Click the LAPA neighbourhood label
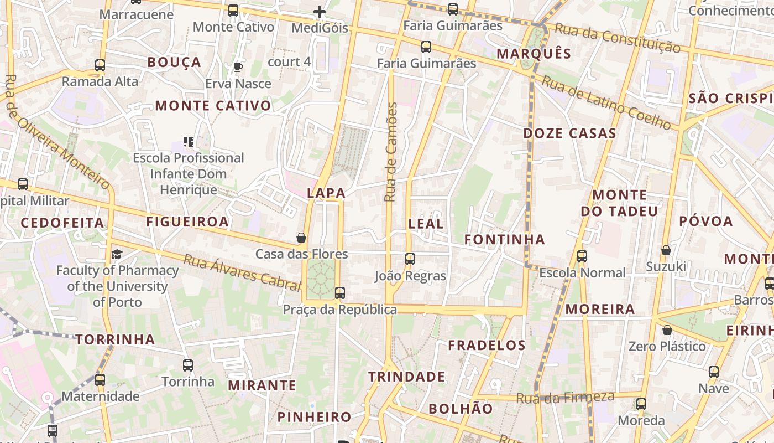click(x=326, y=193)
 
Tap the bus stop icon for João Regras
click(x=410, y=259)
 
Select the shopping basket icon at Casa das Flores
click(x=301, y=238)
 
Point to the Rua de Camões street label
click(x=391, y=152)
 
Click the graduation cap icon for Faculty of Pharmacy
click(x=117, y=254)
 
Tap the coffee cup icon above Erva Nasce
click(x=238, y=68)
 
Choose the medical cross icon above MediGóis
click(x=320, y=11)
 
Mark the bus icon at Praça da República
click(x=340, y=292)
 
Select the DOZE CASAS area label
click(x=569, y=133)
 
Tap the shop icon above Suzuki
click(x=666, y=250)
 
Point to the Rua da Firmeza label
click(x=565, y=397)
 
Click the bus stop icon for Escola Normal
click(x=582, y=256)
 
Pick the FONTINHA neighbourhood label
click(x=504, y=240)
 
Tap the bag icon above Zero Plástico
click(x=667, y=330)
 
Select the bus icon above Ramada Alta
click(x=100, y=65)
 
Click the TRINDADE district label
click(x=406, y=377)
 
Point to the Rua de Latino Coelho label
click(x=606, y=102)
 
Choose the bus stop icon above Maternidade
click(x=100, y=380)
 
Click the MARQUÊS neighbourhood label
click(x=534, y=54)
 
